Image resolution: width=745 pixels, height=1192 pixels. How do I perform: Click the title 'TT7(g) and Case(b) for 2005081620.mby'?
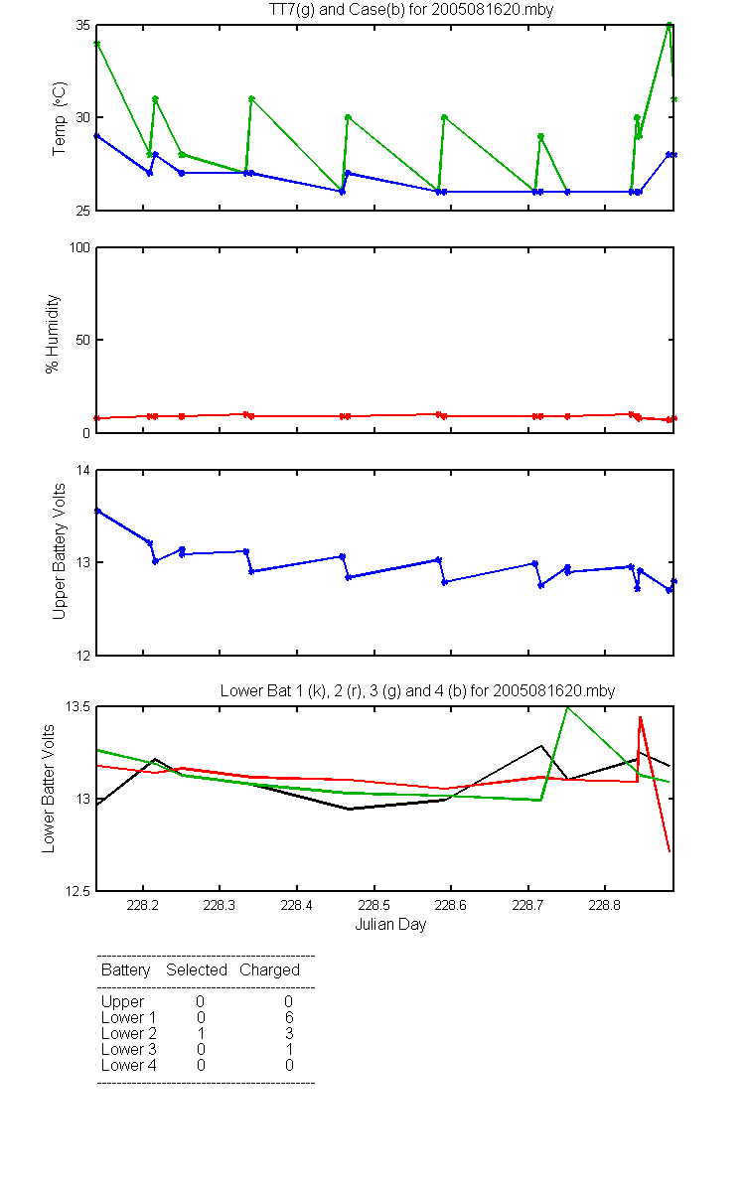(411, 10)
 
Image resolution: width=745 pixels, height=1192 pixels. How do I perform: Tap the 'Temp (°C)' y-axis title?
(59, 118)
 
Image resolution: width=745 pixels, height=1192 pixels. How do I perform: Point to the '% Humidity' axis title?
(52, 334)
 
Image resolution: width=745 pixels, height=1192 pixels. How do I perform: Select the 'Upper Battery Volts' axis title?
(59, 551)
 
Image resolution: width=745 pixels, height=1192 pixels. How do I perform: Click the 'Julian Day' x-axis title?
(390, 925)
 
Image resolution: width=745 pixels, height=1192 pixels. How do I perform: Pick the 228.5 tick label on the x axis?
(373, 905)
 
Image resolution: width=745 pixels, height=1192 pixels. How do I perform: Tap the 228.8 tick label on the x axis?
(605, 905)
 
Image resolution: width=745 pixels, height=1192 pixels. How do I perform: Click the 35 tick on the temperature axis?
(83, 26)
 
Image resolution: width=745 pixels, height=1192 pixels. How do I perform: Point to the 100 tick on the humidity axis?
(79, 248)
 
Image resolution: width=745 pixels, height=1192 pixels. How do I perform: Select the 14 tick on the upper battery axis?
(83, 471)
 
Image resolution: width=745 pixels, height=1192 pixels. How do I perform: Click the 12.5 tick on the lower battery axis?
(77, 891)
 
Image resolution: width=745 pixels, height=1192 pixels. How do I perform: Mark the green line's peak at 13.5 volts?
(568, 707)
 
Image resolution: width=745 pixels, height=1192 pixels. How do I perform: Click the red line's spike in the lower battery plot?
(640, 717)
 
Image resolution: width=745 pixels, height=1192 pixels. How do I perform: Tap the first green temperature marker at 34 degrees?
(97, 44)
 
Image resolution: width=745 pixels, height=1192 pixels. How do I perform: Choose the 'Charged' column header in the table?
(269, 970)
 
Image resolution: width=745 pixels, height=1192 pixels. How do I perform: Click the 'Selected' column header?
(197, 969)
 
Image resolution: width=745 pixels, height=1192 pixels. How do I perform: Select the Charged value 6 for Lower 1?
(289, 1017)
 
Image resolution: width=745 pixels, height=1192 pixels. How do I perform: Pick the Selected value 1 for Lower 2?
(201, 1033)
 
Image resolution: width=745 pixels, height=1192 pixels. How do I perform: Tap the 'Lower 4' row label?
(129, 1065)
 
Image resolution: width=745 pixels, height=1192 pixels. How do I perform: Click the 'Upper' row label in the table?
(122, 1002)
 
